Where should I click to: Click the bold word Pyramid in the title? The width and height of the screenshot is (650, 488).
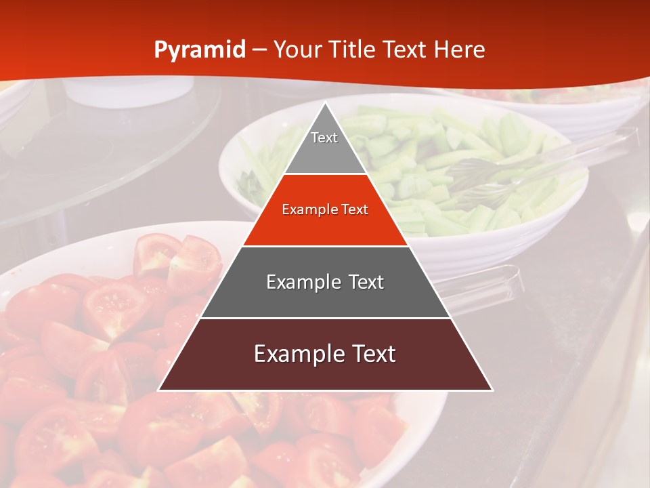(199, 50)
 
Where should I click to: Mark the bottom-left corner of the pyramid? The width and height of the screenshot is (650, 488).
(159, 390)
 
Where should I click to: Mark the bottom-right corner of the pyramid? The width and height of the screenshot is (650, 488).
(492, 390)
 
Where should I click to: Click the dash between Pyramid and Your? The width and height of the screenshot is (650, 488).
(259, 50)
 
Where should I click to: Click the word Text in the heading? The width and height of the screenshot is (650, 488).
(406, 49)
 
